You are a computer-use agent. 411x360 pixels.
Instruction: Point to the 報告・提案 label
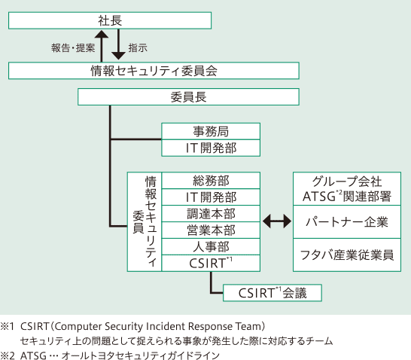tap(73, 47)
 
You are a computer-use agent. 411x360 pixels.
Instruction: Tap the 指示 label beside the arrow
tap(138, 47)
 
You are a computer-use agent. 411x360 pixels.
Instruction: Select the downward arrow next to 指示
tap(118, 47)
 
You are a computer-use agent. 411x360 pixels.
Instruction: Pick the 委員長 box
tap(189, 97)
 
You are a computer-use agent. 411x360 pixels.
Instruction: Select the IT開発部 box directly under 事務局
tap(211, 148)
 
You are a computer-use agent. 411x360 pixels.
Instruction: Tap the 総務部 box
tap(211, 181)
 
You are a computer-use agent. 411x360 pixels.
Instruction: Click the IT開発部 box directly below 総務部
tap(211, 197)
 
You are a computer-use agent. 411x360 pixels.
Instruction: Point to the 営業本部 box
tap(211, 230)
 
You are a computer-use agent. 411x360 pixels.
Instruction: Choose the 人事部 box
tap(211, 246)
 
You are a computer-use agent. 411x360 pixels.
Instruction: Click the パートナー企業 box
tap(346, 222)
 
